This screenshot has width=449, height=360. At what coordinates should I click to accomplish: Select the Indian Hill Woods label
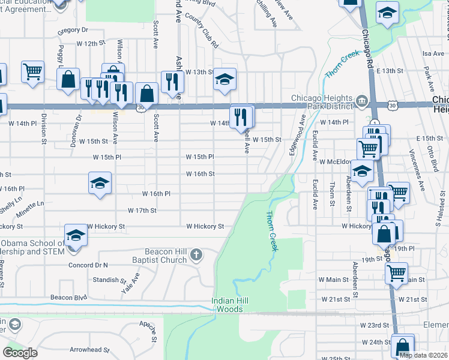[x=228, y=305]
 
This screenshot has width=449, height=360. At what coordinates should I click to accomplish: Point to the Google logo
[x=20, y=353]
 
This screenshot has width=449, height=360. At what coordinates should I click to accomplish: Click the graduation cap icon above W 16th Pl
[x=100, y=183]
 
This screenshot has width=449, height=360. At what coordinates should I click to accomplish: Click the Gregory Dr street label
[x=73, y=29]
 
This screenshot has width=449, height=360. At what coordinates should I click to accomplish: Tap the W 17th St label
[x=142, y=211]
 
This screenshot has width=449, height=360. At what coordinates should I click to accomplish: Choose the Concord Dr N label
[x=88, y=265]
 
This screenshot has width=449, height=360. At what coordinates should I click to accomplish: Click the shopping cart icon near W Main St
[x=396, y=272]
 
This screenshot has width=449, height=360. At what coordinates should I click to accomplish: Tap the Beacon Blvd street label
[x=69, y=298]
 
